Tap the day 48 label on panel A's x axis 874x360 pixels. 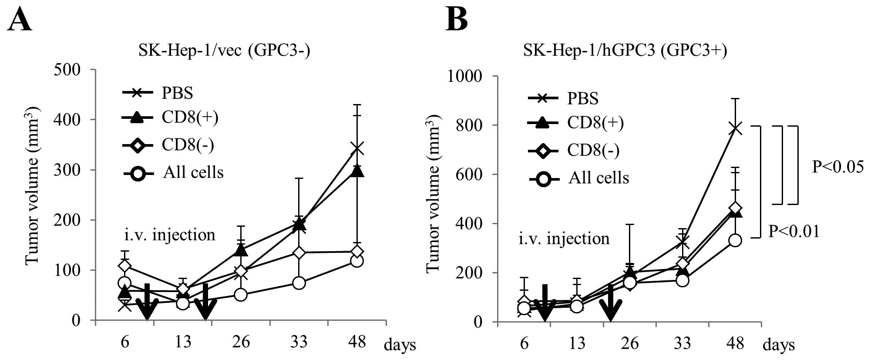click(x=357, y=342)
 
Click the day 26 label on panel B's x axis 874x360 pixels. click(x=629, y=344)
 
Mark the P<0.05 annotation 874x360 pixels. click(x=837, y=167)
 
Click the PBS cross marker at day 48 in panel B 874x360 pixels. click(x=735, y=128)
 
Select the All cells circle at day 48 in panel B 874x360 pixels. click(x=735, y=240)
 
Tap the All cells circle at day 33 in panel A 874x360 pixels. click(x=299, y=283)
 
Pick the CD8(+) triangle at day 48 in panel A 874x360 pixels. click(x=357, y=171)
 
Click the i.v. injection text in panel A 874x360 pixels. click(x=169, y=235)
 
